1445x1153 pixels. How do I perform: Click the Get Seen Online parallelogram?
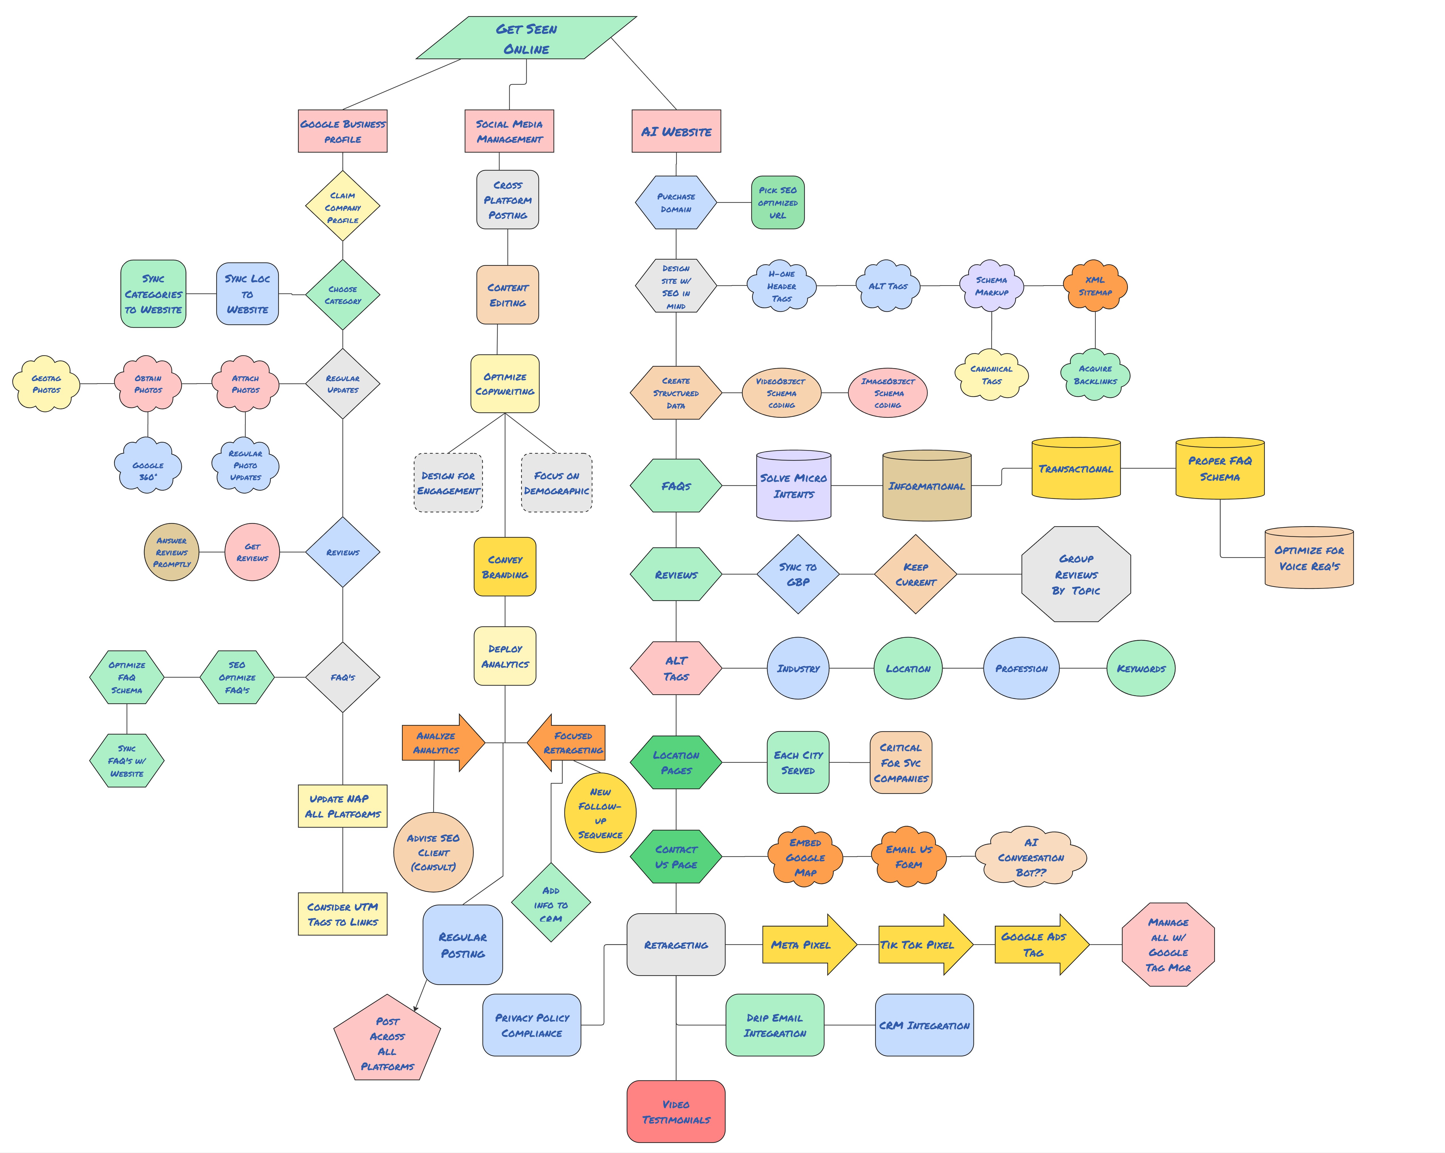526,38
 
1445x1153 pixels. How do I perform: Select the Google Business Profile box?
342,131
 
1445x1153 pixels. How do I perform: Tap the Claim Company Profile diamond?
342,207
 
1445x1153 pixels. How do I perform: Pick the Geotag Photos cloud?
46,384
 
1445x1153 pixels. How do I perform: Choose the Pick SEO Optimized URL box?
778,202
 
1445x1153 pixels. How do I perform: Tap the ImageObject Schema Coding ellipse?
887,393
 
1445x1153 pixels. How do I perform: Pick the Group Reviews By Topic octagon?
1076,574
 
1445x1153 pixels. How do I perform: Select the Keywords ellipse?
1141,668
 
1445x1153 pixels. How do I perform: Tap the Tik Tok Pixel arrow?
924,944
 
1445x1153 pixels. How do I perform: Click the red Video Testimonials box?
676,1112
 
